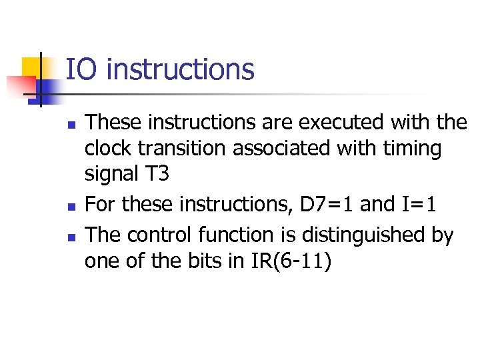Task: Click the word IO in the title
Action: [x=81, y=69]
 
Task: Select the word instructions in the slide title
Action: [x=180, y=69]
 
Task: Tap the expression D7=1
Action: [x=327, y=205]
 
